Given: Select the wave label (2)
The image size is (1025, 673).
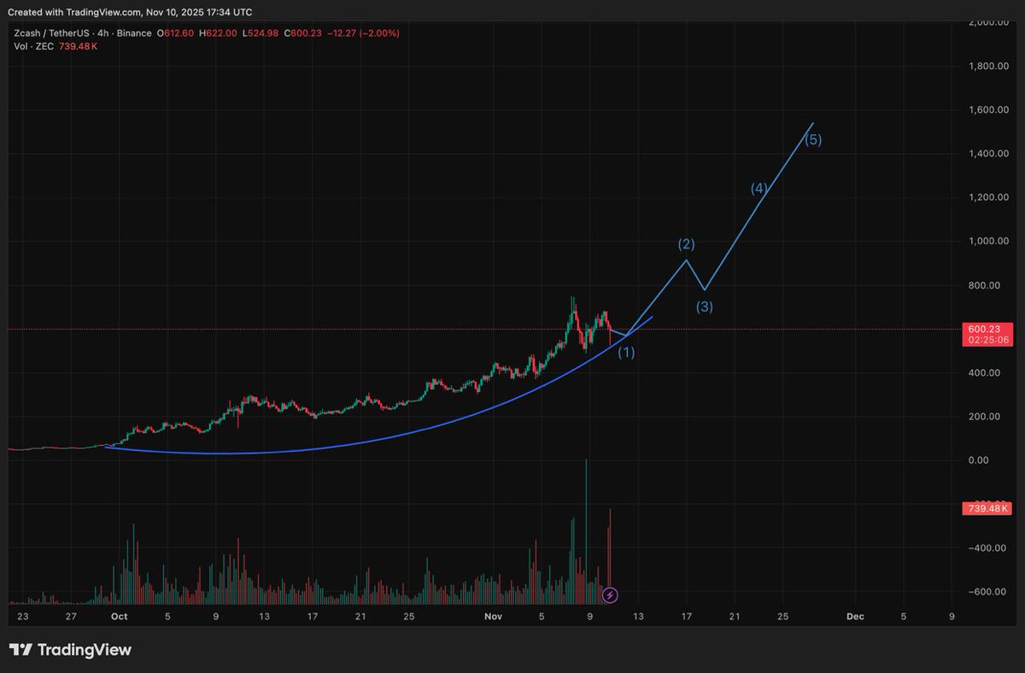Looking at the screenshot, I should point(687,244).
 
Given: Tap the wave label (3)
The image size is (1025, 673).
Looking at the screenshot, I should point(705,307).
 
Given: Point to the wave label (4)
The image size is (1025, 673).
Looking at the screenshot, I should point(759,189).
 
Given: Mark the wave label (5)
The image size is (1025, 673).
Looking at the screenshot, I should point(813,140).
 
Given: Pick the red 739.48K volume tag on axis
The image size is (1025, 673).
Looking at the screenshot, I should point(987,509).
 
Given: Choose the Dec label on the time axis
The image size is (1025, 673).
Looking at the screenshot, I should point(855,616).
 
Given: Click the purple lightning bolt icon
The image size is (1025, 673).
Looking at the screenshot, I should point(610,594).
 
